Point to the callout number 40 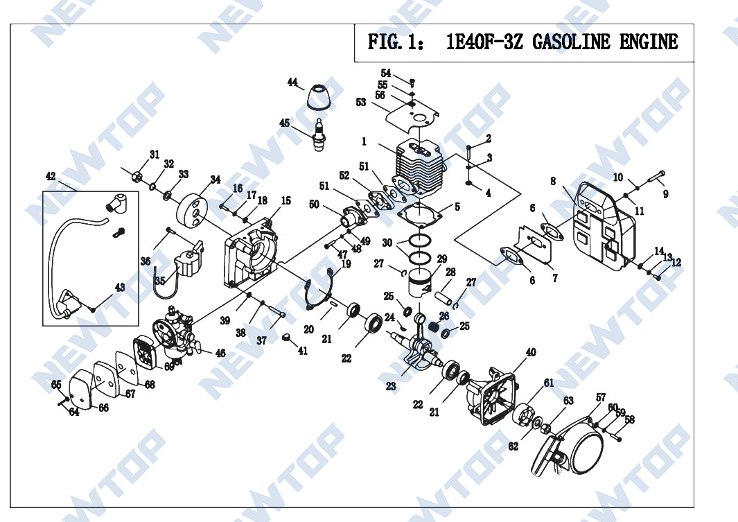[531, 353]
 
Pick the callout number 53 [361, 103]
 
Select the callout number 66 [103, 408]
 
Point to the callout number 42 [51, 176]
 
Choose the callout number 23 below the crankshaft [392, 387]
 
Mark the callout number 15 [285, 201]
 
